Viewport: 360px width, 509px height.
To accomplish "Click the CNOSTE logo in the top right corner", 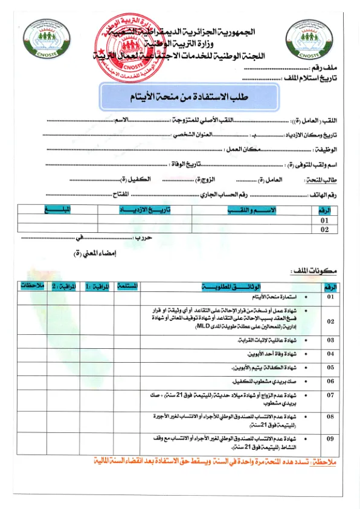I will pos(312,42).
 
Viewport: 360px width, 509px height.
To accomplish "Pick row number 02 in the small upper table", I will pos(325,230).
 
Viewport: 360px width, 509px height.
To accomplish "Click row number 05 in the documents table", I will pos(330,367).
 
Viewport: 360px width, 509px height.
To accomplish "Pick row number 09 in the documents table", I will pos(330,439).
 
